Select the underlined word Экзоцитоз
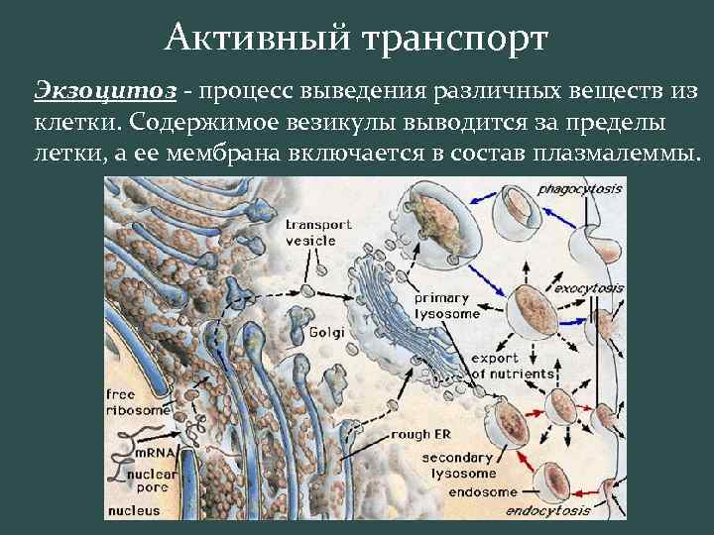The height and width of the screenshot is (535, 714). [105, 91]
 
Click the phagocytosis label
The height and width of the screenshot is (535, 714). [579, 188]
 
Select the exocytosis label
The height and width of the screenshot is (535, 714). [588, 288]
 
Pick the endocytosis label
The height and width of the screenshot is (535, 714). [547, 511]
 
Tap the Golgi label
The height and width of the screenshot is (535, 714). [326, 333]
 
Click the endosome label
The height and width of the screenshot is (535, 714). [483, 492]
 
